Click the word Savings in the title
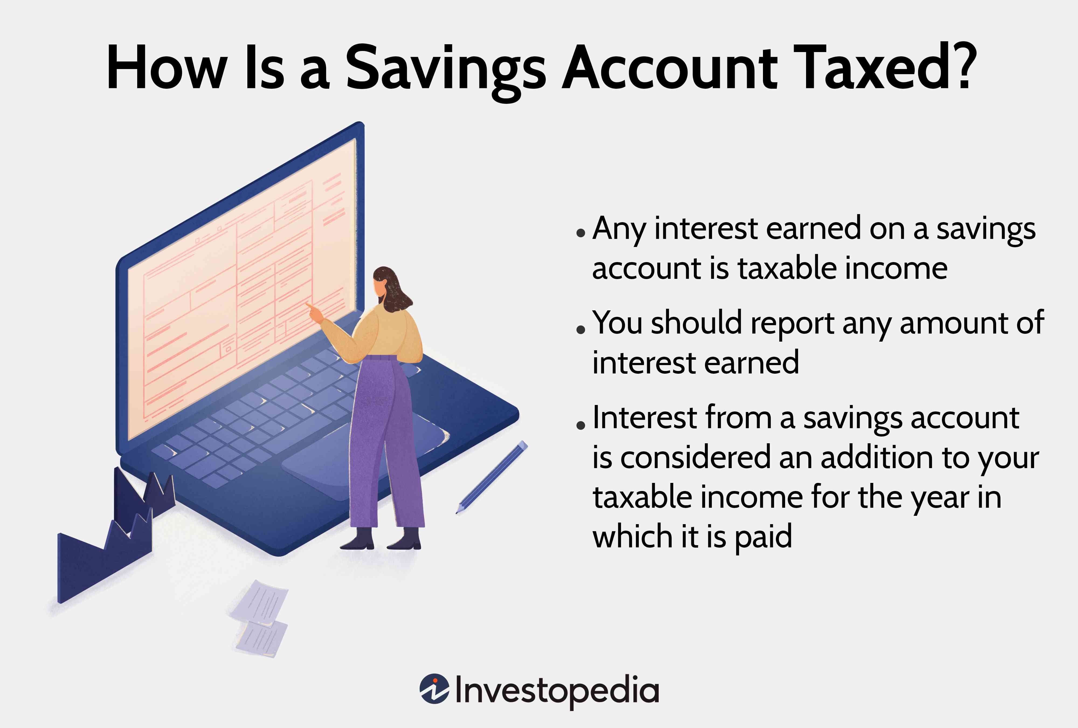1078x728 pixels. point(445,70)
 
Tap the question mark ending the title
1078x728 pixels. point(962,67)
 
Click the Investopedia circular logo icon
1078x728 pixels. point(434,689)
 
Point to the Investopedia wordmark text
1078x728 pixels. point(557,691)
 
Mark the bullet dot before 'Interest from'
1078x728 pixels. point(580,425)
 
